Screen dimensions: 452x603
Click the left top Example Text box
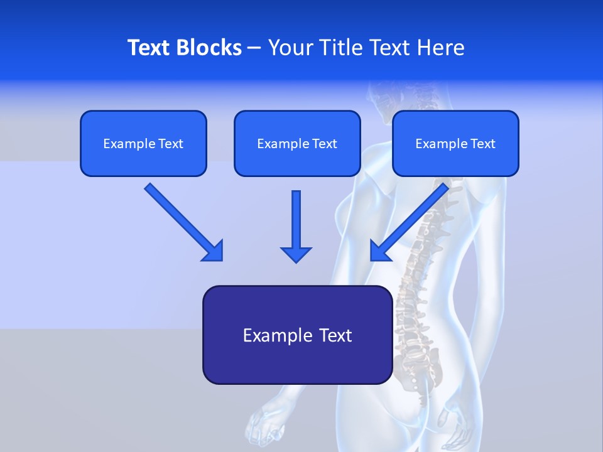143,144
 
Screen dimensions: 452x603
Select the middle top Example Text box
297,144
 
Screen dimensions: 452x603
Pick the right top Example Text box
455,144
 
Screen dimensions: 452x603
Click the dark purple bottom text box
297,335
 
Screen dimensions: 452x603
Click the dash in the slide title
254,48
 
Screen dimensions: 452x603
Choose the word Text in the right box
483,144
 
